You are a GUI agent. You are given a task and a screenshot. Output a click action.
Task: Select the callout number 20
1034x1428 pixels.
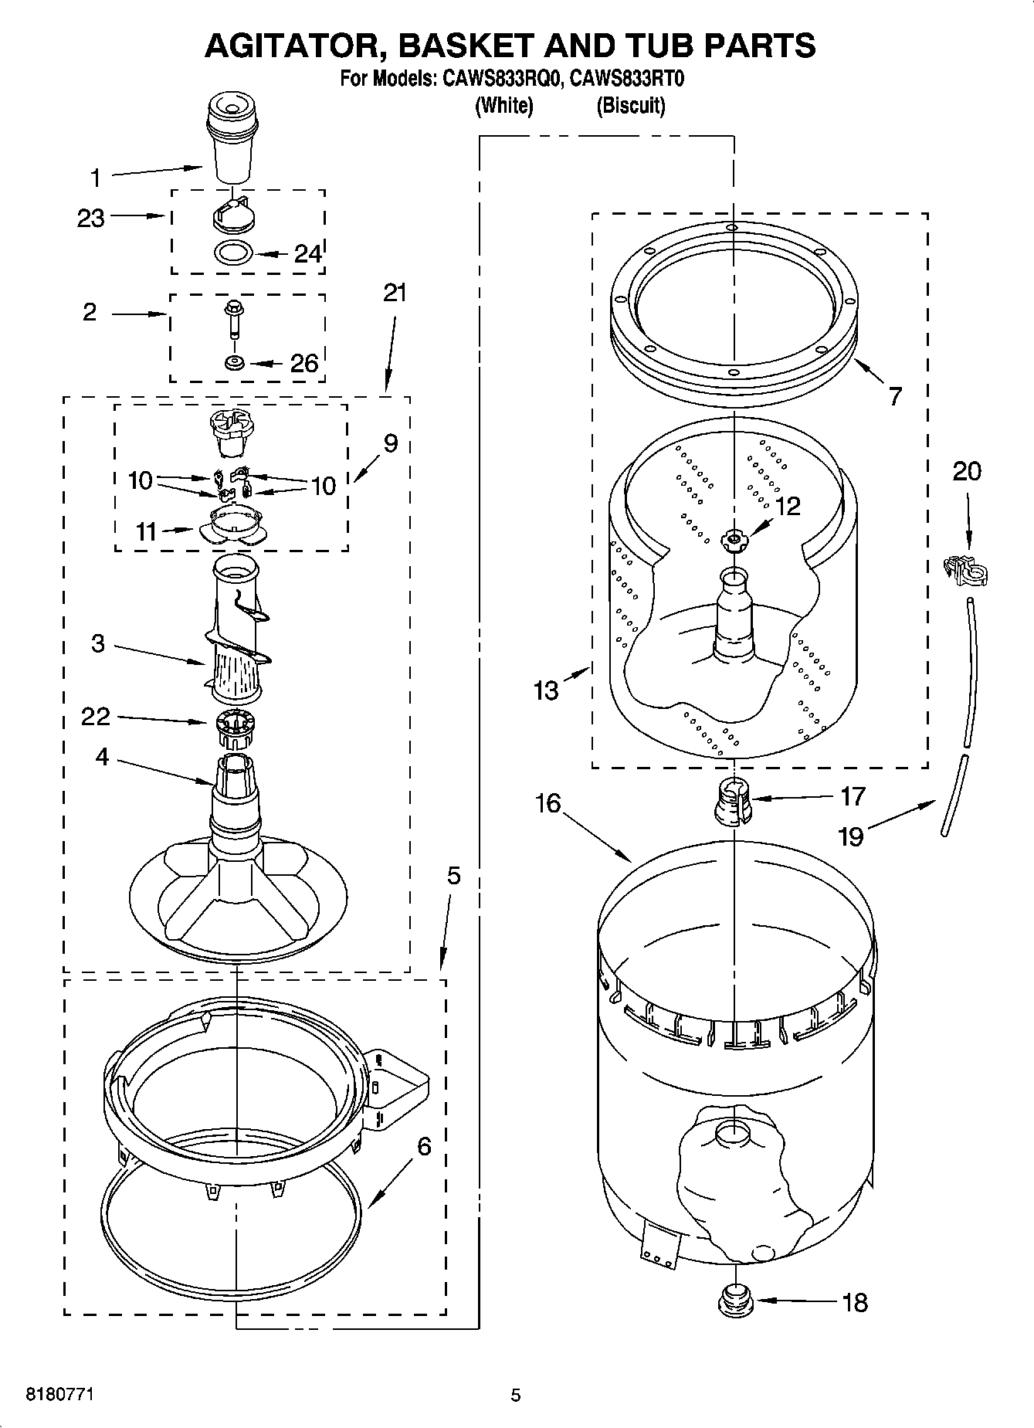(966, 470)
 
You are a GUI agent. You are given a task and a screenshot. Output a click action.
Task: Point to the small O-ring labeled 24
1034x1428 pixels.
(233, 252)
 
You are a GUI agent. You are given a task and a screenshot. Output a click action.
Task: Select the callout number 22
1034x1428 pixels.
(96, 717)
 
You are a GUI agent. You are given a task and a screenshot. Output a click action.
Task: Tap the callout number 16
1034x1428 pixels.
(548, 803)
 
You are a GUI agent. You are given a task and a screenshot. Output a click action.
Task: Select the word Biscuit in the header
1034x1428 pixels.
(630, 106)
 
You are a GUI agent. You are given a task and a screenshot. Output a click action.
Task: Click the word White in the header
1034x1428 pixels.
(503, 106)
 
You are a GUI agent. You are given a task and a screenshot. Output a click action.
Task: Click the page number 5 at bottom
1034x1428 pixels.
(516, 1395)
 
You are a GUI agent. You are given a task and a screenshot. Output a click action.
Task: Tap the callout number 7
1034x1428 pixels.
(894, 396)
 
